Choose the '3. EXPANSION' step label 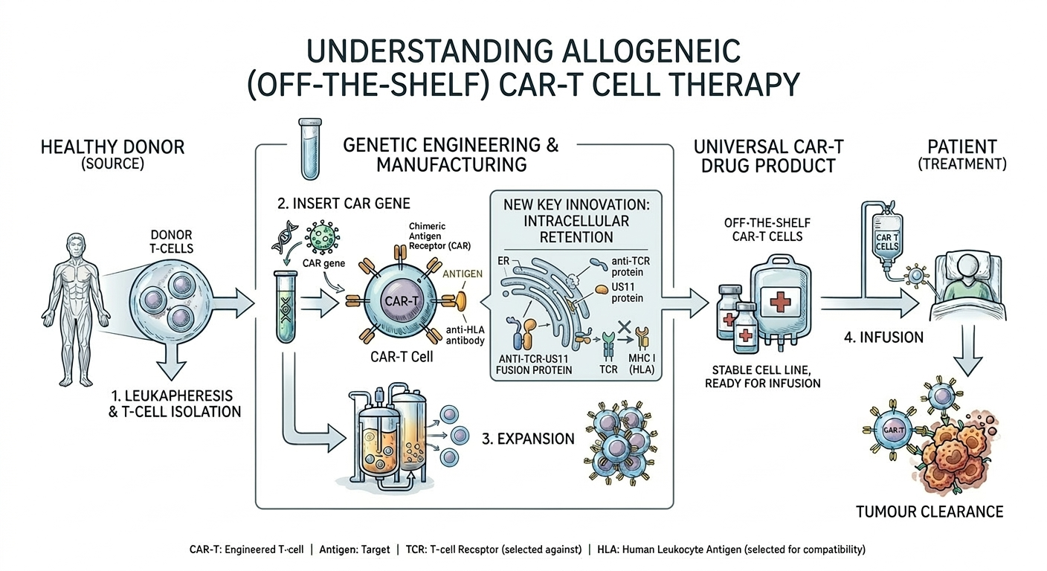(528, 439)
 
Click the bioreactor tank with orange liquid (372, 439)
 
